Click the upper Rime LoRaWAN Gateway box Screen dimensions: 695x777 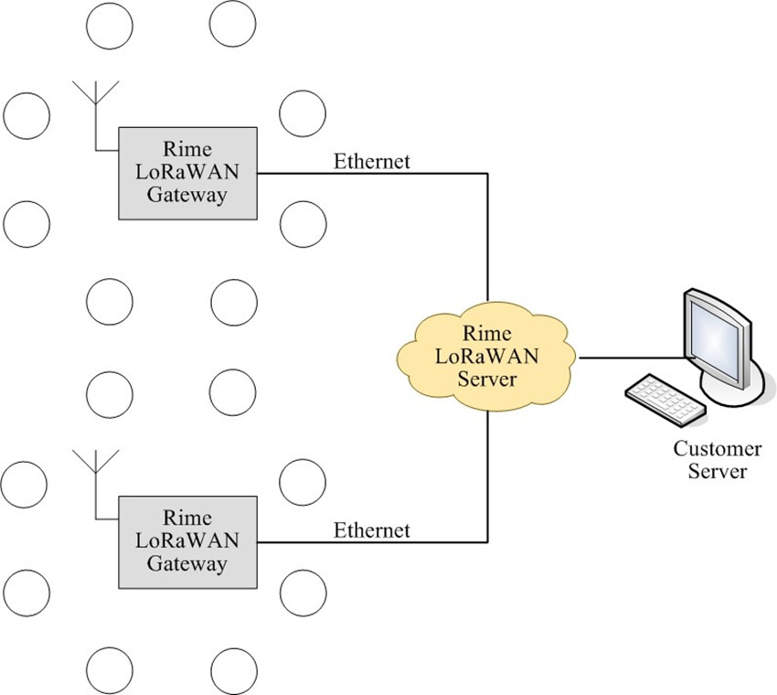pyautogui.click(x=187, y=173)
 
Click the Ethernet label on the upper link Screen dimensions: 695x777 pyautogui.click(x=371, y=162)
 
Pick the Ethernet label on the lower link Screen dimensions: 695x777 pyautogui.click(x=371, y=529)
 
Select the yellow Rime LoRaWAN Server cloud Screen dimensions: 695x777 pyautogui.click(x=487, y=357)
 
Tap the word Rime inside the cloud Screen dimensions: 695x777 pyautogui.click(x=487, y=334)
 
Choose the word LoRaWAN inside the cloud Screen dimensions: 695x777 pyautogui.click(x=487, y=356)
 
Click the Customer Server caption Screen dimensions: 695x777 pyautogui.click(x=717, y=460)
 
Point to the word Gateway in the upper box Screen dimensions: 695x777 pyautogui.click(x=187, y=195)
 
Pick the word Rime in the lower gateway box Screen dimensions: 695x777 pyautogui.click(x=187, y=519)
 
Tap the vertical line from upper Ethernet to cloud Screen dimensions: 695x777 pyautogui.click(x=487, y=238)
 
